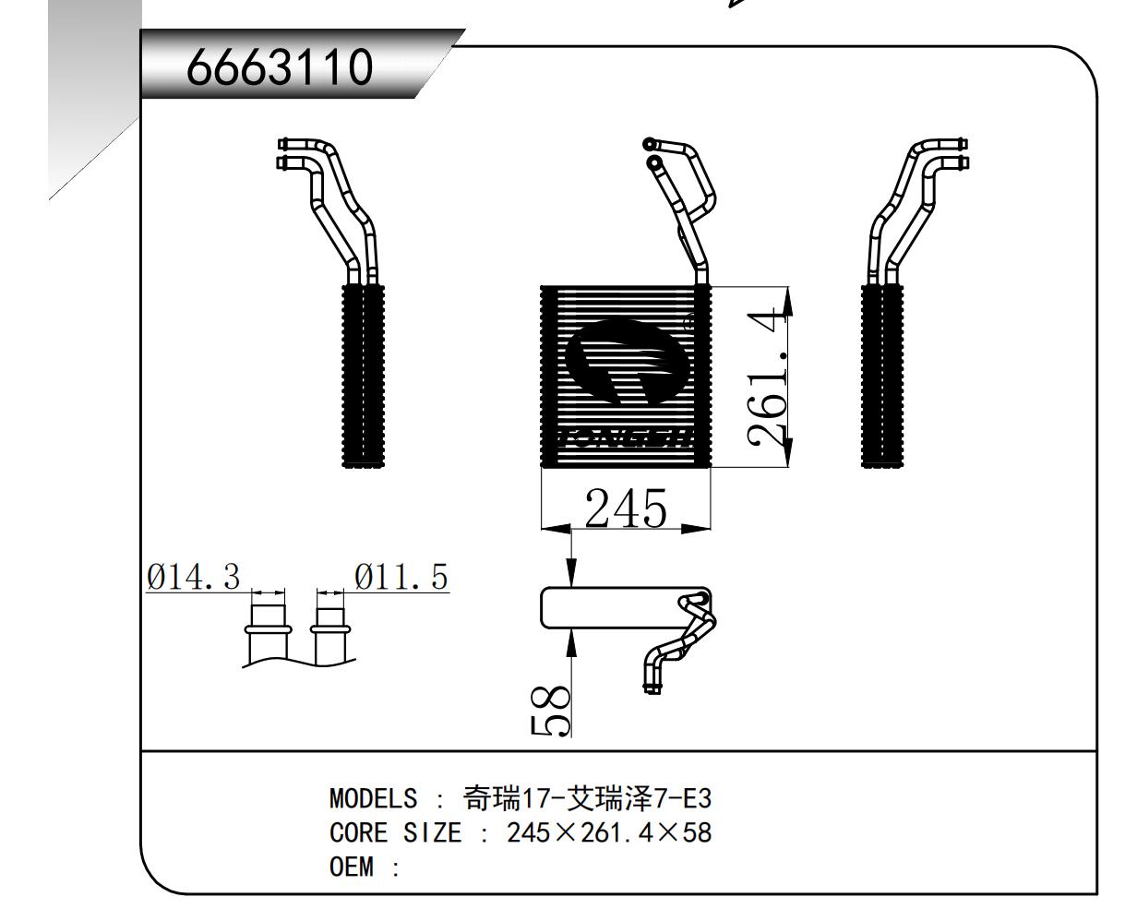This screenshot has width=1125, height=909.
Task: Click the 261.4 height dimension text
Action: coord(769,377)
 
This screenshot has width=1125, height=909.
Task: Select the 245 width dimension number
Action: coord(626,508)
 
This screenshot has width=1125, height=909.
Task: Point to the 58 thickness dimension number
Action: coord(551,712)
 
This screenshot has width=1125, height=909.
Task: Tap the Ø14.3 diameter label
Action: coord(193,578)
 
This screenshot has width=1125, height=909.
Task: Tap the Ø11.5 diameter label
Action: coord(401,578)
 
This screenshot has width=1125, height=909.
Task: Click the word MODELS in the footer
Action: coord(373,797)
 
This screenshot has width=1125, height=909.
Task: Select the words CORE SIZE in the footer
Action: coord(394,832)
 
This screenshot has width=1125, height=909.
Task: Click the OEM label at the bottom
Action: coord(353,867)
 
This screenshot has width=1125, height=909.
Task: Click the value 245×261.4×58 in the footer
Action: coord(609,832)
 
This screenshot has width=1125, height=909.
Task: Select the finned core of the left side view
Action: coord(362,377)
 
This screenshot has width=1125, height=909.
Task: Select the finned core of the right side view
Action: coord(882,377)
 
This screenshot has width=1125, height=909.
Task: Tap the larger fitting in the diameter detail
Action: coord(268,632)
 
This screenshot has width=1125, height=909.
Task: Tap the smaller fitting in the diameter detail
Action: coord(330,632)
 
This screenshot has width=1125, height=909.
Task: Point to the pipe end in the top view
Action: coord(651,686)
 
